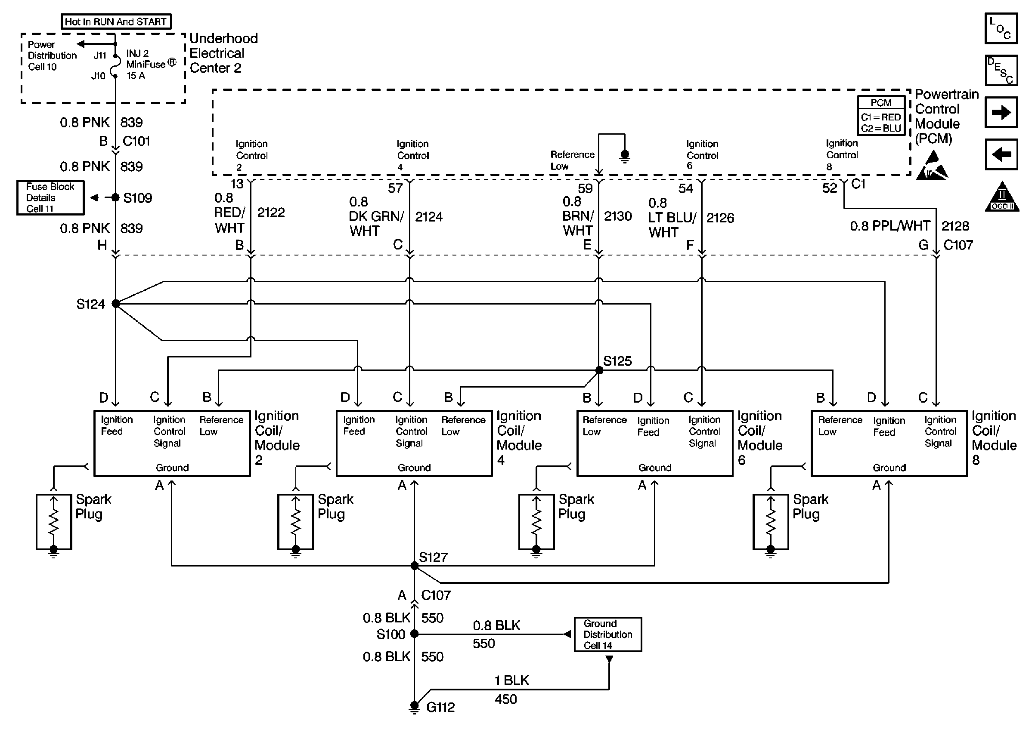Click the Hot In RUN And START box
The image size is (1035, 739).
click(x=116, y=22)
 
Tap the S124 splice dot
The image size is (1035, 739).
click(x=116, y=304)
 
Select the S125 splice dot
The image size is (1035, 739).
click(x=599, y=370)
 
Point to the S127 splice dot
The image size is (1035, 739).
click(x=414, y=566)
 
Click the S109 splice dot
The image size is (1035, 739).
click(x=115, y=197)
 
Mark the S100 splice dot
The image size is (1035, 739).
click(x=414, y=634)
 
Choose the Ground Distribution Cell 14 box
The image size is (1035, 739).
click(x=607, y=634)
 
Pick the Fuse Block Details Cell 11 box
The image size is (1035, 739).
click(x=50, y=197)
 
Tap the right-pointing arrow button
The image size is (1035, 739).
click(x=1001, y=112)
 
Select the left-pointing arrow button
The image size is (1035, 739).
click(x=1001, y=154)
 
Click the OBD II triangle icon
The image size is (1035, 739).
click(x=1002, y=197)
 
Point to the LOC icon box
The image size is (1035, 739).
click(x=1001, y=28)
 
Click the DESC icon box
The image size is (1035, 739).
click(x=1001, y=71)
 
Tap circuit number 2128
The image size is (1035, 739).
click(x=955, y=226)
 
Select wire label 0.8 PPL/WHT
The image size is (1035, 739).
click(x=890, y=226)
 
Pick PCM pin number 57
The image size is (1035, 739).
click(x=395, y=188)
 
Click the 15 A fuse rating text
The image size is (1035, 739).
click(x=136, y=76)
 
